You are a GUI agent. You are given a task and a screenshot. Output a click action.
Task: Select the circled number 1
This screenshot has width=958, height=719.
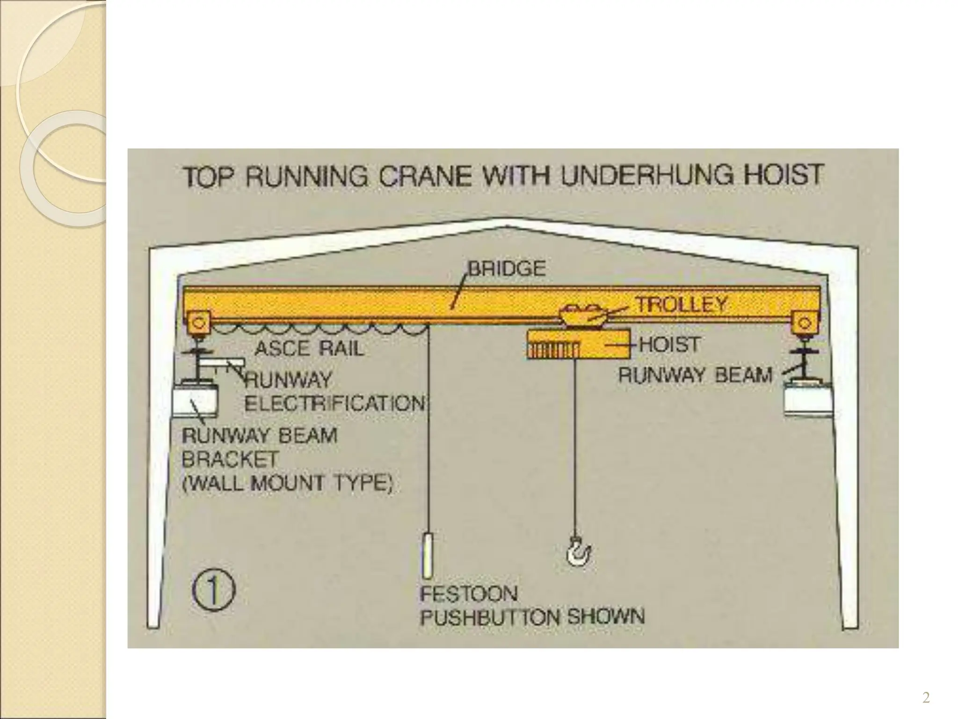(x=213, y=591)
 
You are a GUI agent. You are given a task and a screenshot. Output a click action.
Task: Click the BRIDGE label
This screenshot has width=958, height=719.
(x=507, y=269)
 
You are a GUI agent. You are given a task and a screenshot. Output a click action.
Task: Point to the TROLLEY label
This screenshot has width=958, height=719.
(x=681, y=305)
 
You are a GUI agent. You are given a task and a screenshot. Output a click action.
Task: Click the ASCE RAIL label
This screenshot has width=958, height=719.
(x=309, y=348)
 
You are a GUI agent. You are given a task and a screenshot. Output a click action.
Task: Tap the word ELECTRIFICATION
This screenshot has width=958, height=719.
(x=335, y=404)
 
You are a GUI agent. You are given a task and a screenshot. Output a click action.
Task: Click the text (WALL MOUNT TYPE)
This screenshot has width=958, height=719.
(x=287, y=483)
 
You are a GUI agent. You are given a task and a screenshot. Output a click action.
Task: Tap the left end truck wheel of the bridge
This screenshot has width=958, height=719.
(x=198, y=323)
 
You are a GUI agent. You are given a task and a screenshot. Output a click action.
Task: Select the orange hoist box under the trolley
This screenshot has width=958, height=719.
(x=577, y=344)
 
